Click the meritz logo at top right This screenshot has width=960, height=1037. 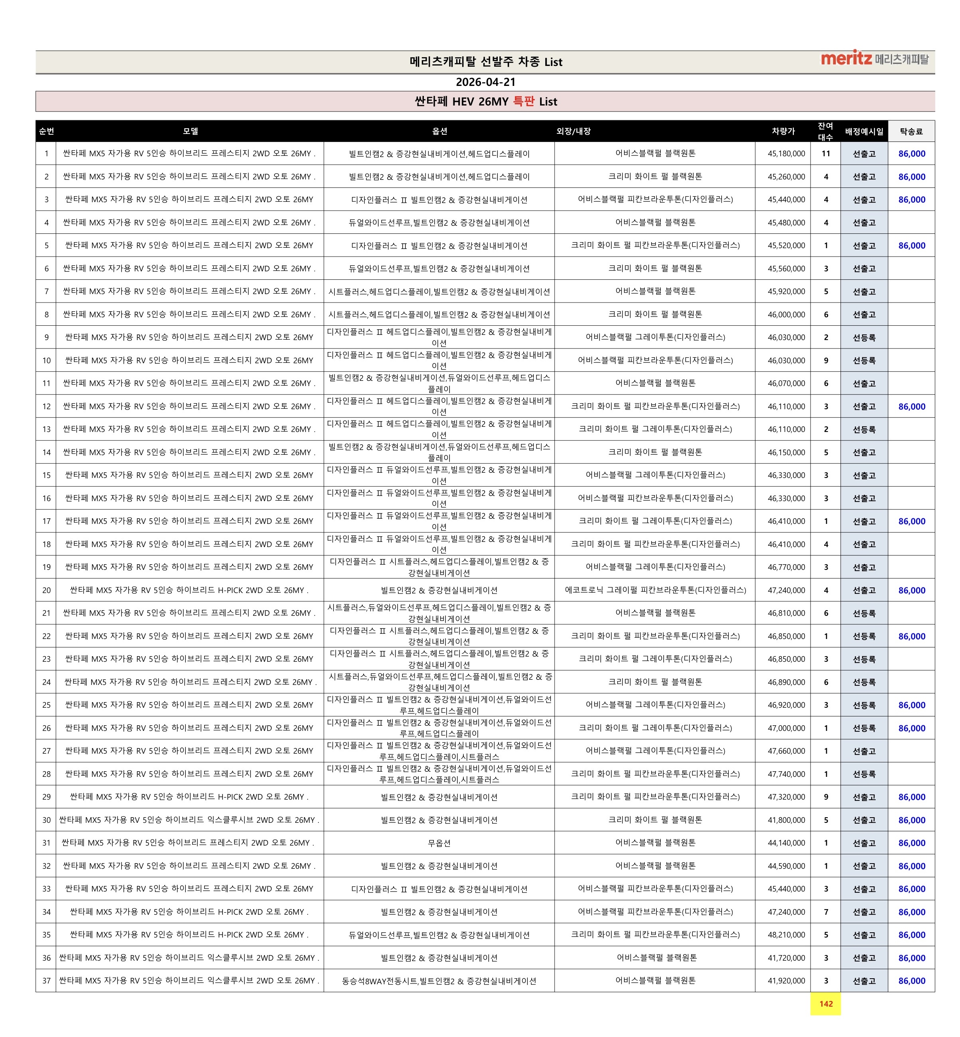click(x=874, y=59)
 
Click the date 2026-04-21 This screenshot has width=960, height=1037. click(x=485, y=82)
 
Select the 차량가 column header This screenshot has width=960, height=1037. click(x=783, y=131)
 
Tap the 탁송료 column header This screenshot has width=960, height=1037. click(x=911, y=131)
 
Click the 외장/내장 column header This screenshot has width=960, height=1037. click(x=573, y=131)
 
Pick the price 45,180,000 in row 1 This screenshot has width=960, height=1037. click(x=786, y=154)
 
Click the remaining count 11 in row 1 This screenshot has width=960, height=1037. click(x=825, y=154)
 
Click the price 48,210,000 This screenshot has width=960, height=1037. click(x=786, y=935)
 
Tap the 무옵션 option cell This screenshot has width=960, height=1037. click(x=439, y=843)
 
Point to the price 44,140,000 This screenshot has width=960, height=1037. click(x=786, y=843)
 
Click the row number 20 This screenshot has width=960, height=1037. click(x=46, y=590)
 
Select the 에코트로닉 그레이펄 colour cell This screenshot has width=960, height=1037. click(x=655, y=590)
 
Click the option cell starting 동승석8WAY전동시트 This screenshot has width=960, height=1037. click(x=439, y=981)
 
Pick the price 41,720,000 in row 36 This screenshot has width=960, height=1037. click(x=786, y=958)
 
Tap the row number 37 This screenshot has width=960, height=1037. click(x=46, y=981)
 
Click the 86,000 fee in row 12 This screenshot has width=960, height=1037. click(x=912, y=407)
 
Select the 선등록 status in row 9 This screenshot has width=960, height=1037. click(x=864, y=338)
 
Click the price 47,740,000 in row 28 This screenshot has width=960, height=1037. click(x=786, y=774)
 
